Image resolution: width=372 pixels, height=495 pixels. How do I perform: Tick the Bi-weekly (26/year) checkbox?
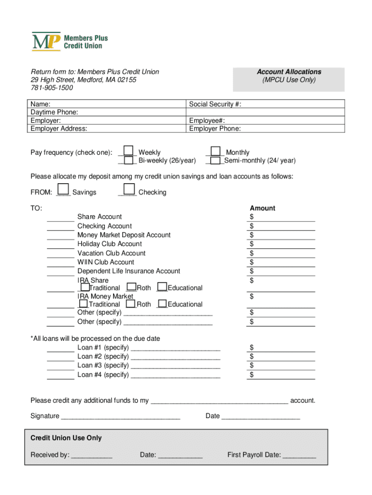129,160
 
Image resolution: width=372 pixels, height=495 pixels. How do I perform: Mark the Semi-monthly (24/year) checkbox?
216,160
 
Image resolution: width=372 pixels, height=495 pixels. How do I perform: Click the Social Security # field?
266,104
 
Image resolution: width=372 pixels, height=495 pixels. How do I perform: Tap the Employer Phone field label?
215,129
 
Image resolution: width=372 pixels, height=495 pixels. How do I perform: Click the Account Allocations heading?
289,72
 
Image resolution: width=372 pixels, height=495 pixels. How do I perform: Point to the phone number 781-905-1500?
52,88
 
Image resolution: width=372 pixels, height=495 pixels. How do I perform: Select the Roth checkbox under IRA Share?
130,288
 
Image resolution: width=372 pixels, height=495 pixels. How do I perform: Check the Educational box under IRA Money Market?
162,304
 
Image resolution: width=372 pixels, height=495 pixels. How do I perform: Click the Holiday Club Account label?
110,244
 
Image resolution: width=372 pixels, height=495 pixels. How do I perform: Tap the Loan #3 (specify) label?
103,365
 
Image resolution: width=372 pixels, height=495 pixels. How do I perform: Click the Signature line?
121,417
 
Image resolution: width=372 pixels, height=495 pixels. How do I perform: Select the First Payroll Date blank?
300,455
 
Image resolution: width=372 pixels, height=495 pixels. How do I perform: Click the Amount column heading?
262,208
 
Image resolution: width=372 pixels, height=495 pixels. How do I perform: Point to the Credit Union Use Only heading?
66,438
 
